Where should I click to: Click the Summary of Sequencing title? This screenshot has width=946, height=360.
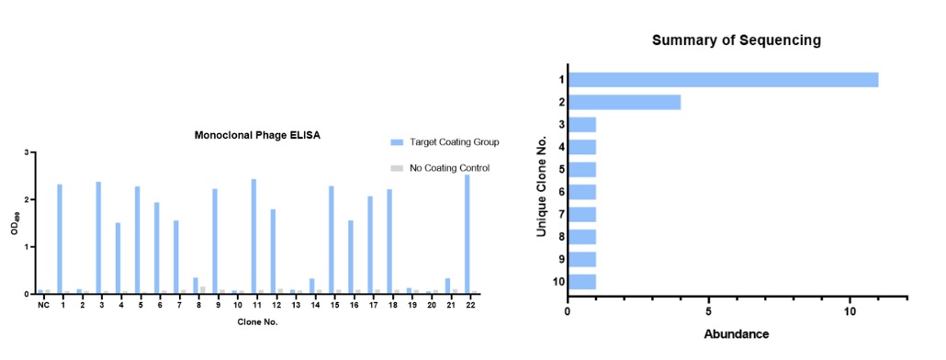point(736,40)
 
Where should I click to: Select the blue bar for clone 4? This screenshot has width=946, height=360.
point(118,258)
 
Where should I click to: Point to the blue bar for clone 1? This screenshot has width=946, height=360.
point(60,239)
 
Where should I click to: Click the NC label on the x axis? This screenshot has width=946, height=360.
point(43,305)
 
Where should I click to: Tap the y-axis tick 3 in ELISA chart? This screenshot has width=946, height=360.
point(27,152)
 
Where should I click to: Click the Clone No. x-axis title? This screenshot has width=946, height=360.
point(257,322)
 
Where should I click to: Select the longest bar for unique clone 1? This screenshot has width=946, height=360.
point(724,80)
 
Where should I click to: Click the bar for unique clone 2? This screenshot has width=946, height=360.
point(625,102)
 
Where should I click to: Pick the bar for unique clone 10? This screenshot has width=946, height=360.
point(583,282)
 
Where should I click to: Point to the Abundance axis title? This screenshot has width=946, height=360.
point(738,333)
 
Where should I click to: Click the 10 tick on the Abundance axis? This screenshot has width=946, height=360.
point(850,311)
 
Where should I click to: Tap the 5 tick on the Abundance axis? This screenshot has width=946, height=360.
point(709,311)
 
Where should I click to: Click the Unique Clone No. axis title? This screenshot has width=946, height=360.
point(543,181)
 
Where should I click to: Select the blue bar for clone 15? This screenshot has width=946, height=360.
point(331,240)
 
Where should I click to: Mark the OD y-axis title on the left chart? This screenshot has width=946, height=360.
point(14,224)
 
